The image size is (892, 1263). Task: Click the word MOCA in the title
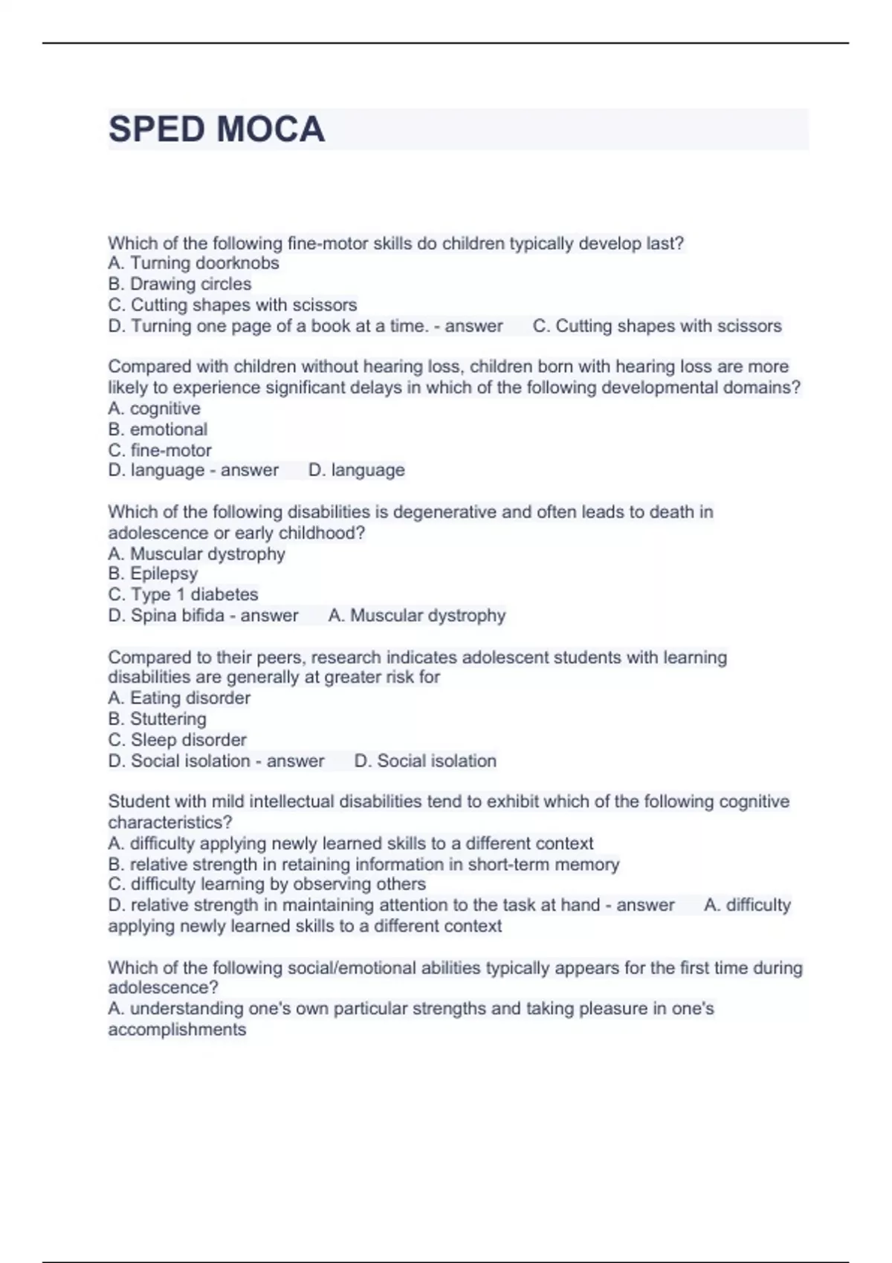271,129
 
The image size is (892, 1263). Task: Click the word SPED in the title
156,129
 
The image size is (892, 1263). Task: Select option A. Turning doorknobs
193,263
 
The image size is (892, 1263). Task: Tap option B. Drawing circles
179,284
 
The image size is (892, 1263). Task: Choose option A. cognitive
154,409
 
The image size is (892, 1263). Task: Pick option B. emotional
158,429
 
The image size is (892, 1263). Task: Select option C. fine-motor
160,450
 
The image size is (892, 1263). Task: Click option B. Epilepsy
152,574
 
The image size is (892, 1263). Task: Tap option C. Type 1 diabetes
183,594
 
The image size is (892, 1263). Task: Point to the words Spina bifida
178,615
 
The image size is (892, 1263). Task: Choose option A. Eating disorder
179,698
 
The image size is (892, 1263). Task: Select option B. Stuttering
157,718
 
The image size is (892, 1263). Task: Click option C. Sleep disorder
177,740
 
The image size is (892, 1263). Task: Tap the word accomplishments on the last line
177,1030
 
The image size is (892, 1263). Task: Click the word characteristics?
170,822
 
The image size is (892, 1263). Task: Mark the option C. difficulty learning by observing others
267,884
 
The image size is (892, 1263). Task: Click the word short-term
503,864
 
